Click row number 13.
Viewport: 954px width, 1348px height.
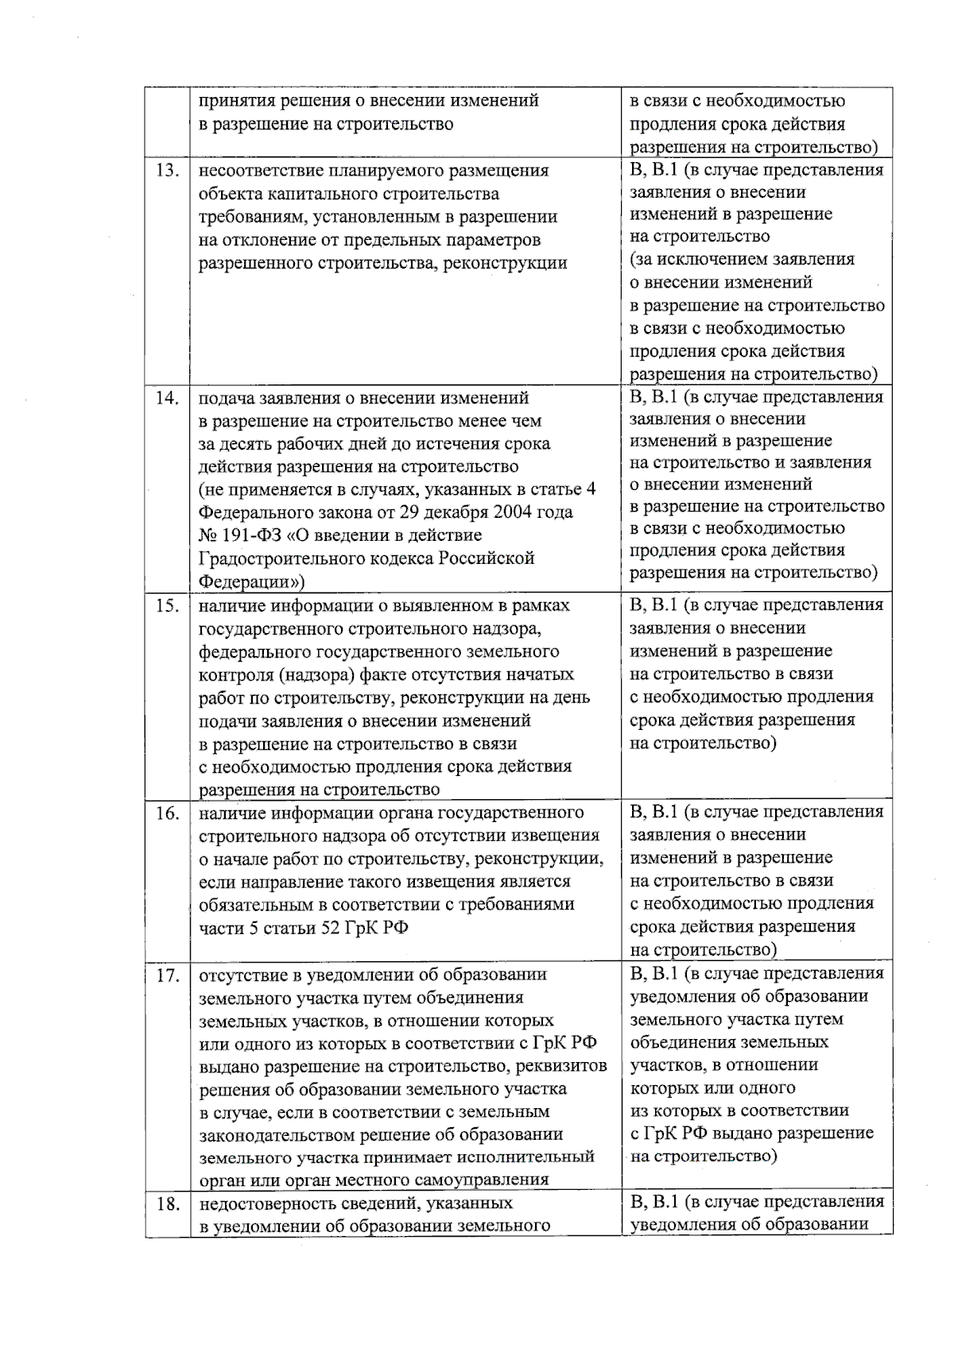click(x=167, y=171)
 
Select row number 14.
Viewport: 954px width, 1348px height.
click(x=167, y=398)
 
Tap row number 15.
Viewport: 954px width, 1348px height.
click(x=167, y=606)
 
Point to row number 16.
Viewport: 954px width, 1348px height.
click(x=167, y=813)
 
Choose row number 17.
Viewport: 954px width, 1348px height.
click(x=167, y=975)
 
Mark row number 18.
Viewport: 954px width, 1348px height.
click(x=167, y=1204)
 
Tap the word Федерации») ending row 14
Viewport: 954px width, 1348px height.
click(x=251, y=581)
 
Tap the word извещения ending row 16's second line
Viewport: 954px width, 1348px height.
click(x=560, y=836)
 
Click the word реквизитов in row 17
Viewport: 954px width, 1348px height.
click(x=567, y=1065)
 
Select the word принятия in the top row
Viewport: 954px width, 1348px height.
click(x=233, y=101)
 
